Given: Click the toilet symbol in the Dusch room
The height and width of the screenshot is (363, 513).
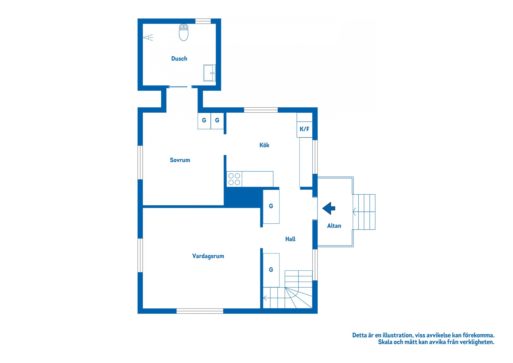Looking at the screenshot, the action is pyautogui.click(x=184, y=32).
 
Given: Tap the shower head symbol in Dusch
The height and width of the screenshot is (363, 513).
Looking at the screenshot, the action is pyautogui.click(x=148, y=37).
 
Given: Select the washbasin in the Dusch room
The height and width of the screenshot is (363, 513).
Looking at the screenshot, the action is pyautogui.click(x=209, y=73).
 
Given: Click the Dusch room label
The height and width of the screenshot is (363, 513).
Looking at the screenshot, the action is pyautogui.click(x=179, y=59).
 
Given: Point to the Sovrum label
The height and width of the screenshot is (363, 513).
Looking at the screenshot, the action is pyautogui.click(x=180, y=160).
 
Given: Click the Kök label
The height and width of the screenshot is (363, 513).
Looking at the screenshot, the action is pyautogui.click(x=264, y=145).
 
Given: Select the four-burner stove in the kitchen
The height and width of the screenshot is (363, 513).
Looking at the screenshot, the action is pyautogui.click(x=234, y=179).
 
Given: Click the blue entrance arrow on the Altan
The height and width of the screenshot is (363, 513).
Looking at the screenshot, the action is pyautogui.click(x=329, y=208).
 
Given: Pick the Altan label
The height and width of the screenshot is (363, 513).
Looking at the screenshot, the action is pyautogui.click(x=334, y=226).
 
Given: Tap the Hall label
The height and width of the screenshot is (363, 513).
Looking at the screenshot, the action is pyautogui.click(x=290, y=239).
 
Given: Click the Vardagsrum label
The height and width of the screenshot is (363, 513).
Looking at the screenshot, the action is pyautogui.click(x=208, y=256).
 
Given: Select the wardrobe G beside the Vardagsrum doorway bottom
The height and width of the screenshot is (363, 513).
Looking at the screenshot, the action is pyautogui.click(x=271, y=270).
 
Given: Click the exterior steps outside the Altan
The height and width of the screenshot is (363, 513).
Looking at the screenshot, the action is pyautogui.click(x=364, y=212).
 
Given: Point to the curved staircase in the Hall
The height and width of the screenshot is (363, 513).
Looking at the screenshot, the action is pyautogui.click(x=288, y=289).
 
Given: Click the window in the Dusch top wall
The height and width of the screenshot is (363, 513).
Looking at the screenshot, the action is pyautogui.click(x=203, y=21).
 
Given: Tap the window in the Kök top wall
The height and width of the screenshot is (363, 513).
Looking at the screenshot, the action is pyautogui.click(x=261, y=110).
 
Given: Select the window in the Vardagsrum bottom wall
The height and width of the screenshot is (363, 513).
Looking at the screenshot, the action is pyautogui.click(x=200, y=311).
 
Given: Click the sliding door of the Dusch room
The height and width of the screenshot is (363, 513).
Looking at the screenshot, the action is pyautogui.click(x=178, y=87).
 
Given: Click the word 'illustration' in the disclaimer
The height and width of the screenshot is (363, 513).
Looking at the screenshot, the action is pyautogui.click(x=398, y=335).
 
